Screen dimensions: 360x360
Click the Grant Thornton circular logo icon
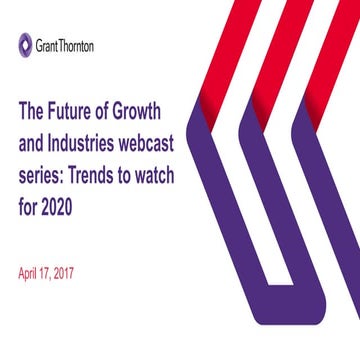tap(24, 43)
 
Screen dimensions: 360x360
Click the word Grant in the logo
tap(48, 44)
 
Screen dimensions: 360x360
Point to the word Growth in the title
tap(150, 109)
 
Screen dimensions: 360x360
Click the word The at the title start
tap(33, 109)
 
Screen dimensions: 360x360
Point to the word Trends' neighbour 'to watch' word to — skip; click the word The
tap(33, 109)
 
